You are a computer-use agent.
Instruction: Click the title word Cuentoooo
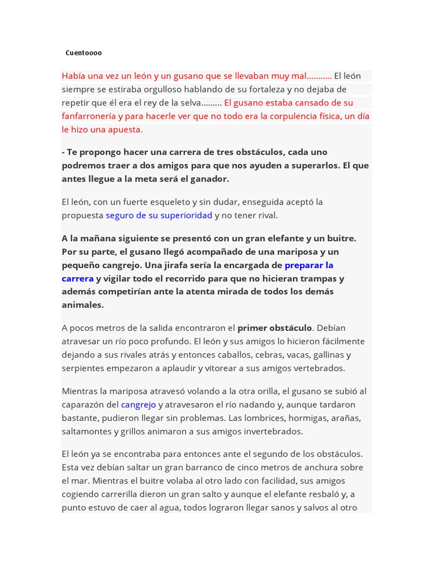point(83,53)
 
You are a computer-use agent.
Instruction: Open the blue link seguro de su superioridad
point(159,215)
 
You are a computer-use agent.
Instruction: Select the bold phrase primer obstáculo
point(275,328)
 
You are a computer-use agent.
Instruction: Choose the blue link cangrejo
point(138,405)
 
